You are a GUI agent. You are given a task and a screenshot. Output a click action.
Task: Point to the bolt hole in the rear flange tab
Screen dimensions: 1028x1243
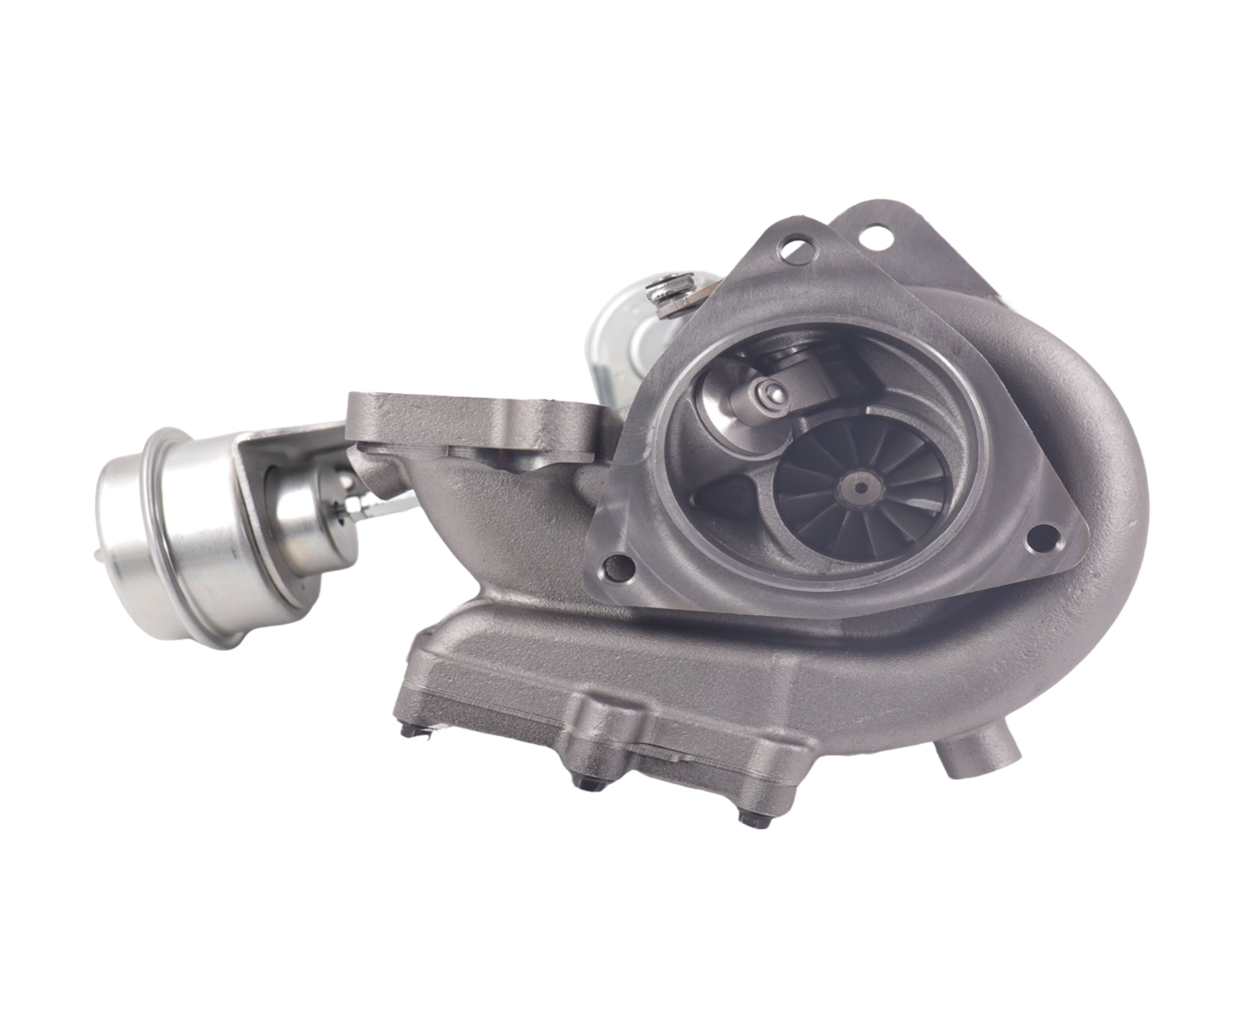point(874,234)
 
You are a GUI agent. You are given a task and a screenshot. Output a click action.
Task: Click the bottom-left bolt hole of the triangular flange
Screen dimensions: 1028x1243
point(614,566)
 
